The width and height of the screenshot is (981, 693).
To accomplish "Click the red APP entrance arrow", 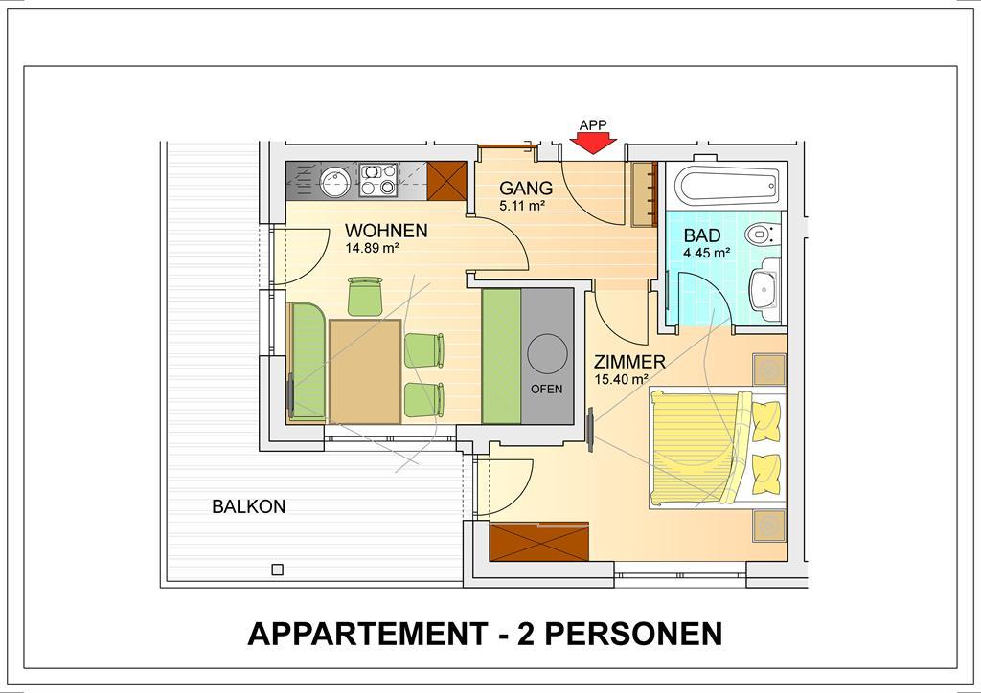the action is point(592,145).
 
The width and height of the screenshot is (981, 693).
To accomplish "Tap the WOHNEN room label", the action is point(386,231).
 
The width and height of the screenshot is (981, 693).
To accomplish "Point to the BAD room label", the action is point(702,235).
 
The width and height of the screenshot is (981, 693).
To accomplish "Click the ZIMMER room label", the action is point(629,362).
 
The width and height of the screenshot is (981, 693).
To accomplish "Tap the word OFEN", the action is point(546,389).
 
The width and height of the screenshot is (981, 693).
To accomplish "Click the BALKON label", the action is point(248,506).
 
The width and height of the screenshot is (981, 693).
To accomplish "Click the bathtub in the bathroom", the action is point(726,184).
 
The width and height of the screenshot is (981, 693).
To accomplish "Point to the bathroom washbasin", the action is point(764,289).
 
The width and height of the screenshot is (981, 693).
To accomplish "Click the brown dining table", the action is point(365,371).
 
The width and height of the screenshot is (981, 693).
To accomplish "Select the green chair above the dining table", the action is point(365,296).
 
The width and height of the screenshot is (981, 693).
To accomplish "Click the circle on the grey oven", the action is point(547,354).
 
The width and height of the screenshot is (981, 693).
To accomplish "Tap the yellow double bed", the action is point(717,447).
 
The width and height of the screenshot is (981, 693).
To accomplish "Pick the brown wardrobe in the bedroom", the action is point(538,542).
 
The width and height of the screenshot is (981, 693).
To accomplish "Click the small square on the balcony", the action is point(278,570).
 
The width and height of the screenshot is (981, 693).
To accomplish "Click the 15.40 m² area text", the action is point(621,379).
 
